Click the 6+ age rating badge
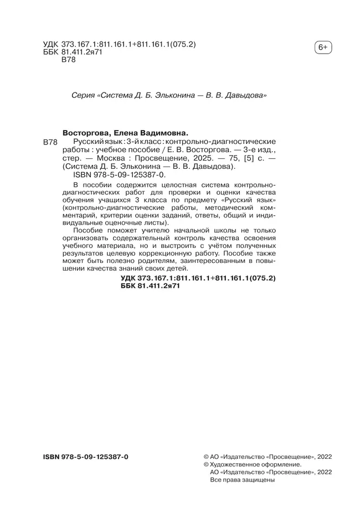point(322,48)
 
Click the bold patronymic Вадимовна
point(164,133)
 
